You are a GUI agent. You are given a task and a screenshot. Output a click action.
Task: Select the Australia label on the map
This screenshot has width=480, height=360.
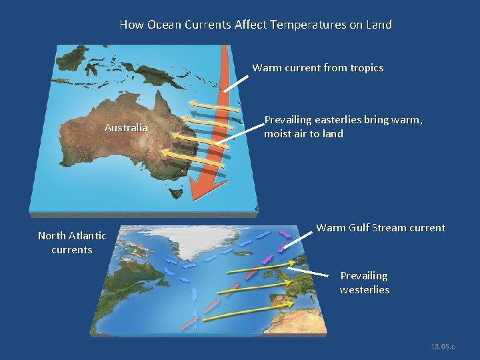126,127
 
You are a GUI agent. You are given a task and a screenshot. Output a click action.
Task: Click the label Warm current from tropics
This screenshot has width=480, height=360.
317,68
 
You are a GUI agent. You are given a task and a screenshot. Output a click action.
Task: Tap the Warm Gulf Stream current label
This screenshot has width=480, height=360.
380,228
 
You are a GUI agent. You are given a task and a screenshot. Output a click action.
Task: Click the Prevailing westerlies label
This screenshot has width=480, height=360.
364,283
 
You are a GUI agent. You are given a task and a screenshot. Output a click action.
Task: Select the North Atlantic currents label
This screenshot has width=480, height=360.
72,242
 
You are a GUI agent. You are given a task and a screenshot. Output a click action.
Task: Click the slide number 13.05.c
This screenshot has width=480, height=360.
443,347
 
